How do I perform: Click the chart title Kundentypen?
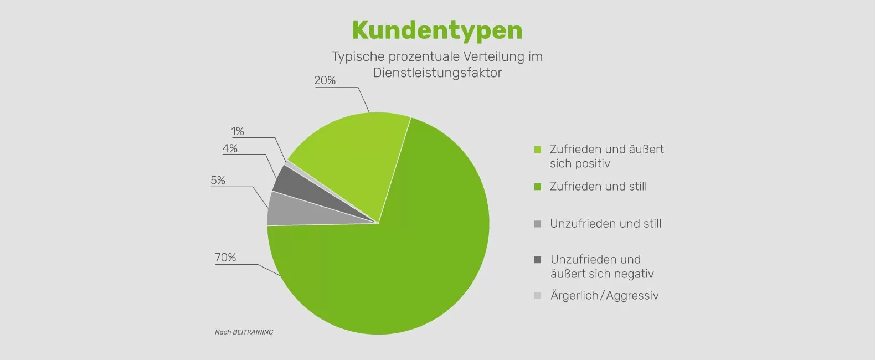(437, 30)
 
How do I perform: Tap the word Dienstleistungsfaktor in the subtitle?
(437, 73)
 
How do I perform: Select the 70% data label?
(225, 258)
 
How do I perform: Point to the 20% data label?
(325, 80)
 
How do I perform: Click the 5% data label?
(218, 181)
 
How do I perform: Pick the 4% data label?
(230, 148)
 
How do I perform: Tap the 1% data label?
(238, 131)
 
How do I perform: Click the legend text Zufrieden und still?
(598, 187)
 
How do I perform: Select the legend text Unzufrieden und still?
(605, 224)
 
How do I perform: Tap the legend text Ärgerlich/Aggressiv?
(604, 296)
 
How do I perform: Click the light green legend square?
(538, 150)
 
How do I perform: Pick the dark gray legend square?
(538, 260)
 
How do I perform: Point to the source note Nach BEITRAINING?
(244, 332)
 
